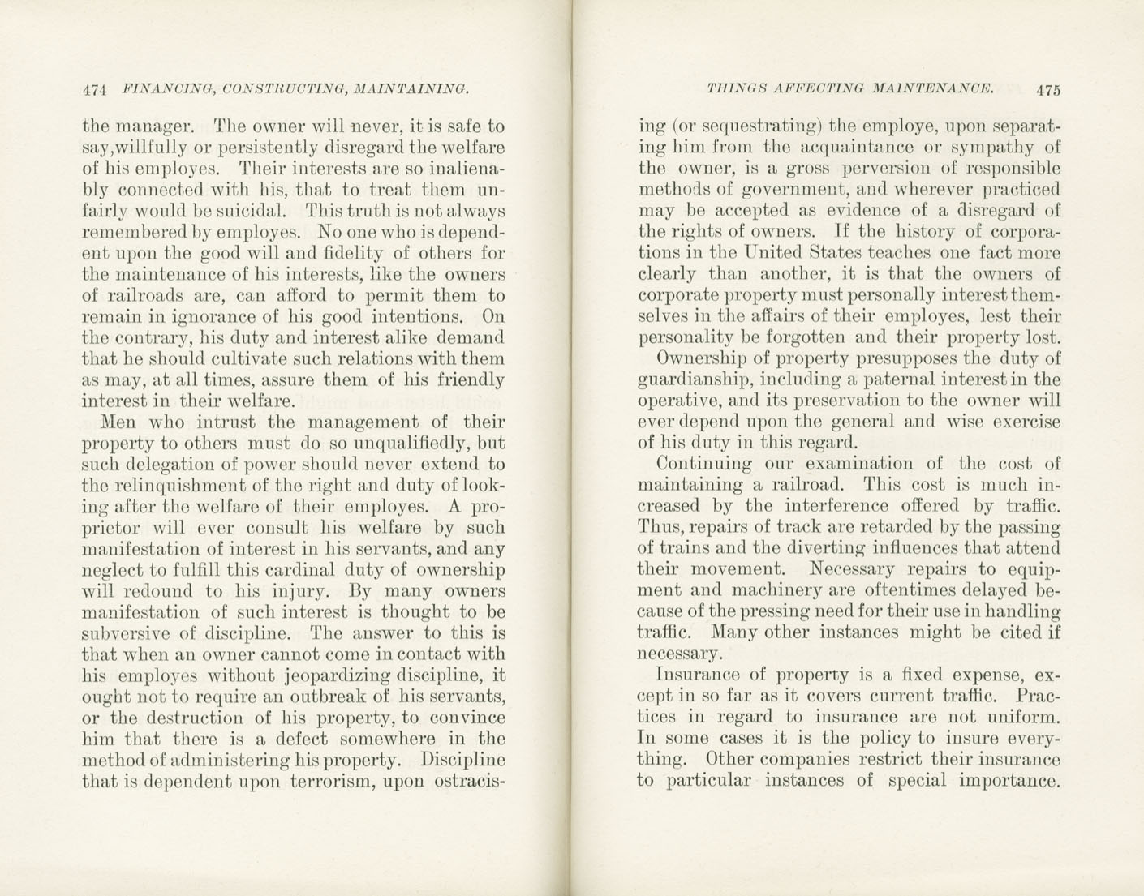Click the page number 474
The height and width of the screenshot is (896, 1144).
pyautogui.click(x=96, y=89)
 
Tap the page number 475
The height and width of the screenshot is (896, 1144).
pyautogui.click(x=1047, y=90)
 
